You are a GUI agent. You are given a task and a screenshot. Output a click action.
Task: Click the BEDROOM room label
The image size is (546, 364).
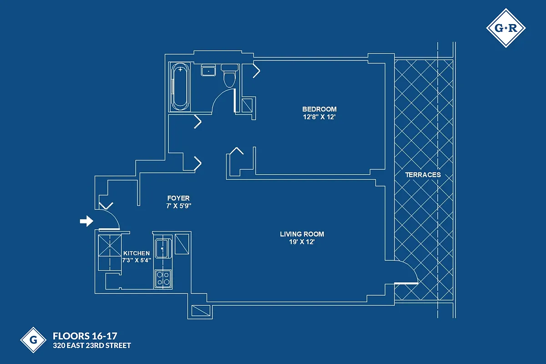pos(319,109)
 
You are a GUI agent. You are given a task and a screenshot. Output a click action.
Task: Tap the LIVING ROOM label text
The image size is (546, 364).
pos(302,234)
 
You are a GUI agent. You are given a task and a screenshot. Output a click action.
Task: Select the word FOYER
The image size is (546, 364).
pos(178,198)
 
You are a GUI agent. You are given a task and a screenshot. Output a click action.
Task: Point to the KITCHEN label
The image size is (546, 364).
pos(136,253)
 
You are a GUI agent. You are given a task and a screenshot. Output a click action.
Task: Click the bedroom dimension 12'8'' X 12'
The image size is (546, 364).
pos(319,117)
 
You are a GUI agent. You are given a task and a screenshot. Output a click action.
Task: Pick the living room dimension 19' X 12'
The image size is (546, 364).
pos(302,242)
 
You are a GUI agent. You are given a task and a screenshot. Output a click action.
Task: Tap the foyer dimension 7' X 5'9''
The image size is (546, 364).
pos(178,206)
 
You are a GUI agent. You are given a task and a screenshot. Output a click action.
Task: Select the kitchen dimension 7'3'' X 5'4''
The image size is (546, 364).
pos(136,260)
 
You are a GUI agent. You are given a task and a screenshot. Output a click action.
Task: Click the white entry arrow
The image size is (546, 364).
pos(86,221)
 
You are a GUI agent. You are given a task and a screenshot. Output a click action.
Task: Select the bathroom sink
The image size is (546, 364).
pos(209,71)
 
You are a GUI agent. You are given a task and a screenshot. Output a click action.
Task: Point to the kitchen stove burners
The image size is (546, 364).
pos(163,278)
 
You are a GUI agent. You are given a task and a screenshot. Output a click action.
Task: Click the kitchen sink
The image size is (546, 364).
pos(162,248)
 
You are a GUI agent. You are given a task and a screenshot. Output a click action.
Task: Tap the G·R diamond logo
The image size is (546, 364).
pos(506,28)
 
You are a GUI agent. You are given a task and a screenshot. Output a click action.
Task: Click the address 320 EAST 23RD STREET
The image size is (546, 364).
pos(92,346)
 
